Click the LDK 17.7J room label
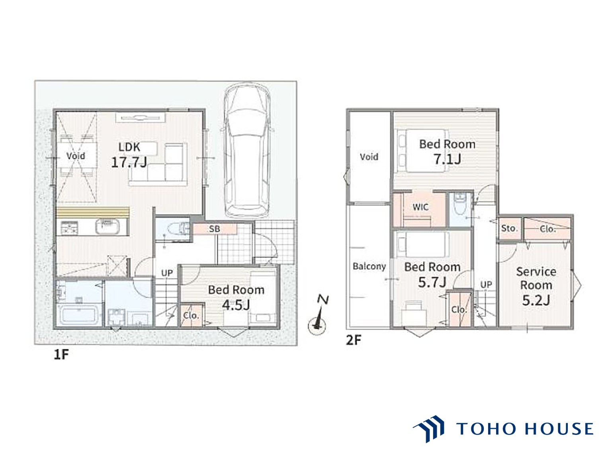tap(129, 155)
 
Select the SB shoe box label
tap(214, 229)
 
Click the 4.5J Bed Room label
tap(236, 297)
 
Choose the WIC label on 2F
tap(420, 207)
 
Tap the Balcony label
tap(369, 266)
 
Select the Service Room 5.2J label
tap(536, 286)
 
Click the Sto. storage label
tap(509, 228)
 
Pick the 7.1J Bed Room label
tap(447, 151)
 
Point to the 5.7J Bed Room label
tap(432, 275)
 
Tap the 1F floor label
tap(61, 355)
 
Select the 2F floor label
tap(354, 340)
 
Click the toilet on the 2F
tap(459, 204)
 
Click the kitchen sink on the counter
tap(107, 226)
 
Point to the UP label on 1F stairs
tap(167, 273)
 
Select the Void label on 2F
tap(369, 157)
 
